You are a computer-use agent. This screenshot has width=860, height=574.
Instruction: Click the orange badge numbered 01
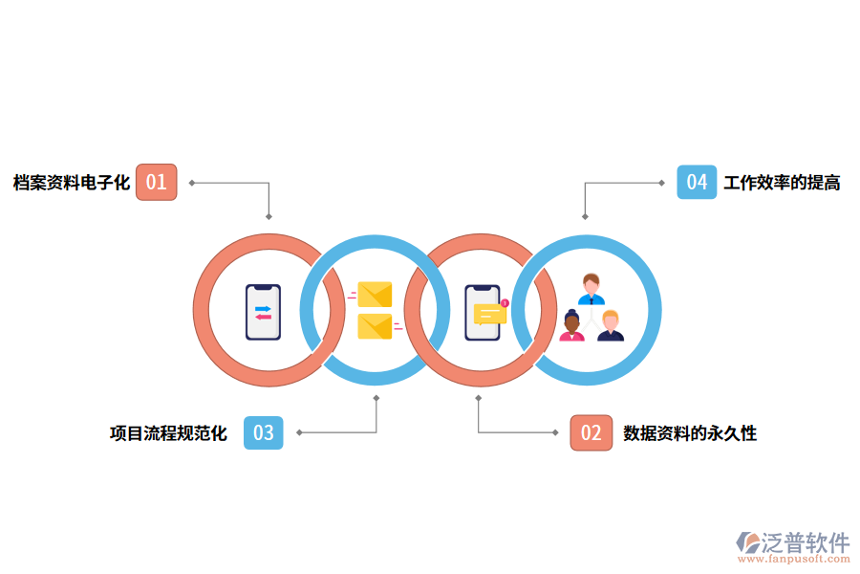[x=156, y=182]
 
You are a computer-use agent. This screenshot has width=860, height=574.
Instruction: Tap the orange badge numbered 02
[x=591, y=432]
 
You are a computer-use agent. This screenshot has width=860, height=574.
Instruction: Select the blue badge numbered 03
[x=264, y=432]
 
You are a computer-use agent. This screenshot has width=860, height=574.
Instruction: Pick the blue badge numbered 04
[x=697, y=182]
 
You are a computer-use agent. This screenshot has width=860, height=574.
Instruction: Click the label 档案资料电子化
[x=71, y=183]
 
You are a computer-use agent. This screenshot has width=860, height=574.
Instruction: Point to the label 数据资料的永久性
[x=690, y=433]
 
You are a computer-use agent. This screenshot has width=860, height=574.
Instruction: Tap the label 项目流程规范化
[x=168, y=433]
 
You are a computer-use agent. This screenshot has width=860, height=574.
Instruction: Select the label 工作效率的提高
[x=782, y=183]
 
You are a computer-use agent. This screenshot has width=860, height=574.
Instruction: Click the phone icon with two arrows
[x=263, y=312]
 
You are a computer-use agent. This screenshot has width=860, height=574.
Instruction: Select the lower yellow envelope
[x=375, y=326]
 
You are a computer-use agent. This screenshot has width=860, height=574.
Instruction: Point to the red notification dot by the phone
[x=505, y=303]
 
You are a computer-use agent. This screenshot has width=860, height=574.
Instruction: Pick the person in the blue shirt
[x=591, y=289]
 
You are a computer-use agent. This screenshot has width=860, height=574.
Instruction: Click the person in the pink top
[x=572, y=326]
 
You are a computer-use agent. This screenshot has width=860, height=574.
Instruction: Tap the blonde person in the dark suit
[x=611, y=326]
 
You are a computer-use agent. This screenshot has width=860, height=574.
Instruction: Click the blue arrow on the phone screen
[x=263, y=308]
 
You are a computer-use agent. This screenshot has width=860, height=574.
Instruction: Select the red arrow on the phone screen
[x=263, y=317]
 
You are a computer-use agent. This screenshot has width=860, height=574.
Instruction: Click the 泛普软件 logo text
[x=805, y=542]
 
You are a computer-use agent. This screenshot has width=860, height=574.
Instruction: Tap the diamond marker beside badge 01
[x=192, y=182]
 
